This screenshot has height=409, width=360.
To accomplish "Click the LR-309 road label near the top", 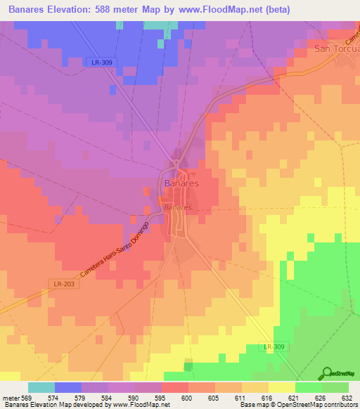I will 102,63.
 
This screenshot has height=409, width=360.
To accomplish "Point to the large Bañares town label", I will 181,183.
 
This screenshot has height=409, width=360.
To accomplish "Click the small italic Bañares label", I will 177,208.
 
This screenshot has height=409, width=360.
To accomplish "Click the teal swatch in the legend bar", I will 41,387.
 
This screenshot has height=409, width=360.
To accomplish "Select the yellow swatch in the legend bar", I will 281,387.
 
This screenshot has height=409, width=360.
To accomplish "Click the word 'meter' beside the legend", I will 12,397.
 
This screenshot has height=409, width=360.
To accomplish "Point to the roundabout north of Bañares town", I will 175,162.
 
